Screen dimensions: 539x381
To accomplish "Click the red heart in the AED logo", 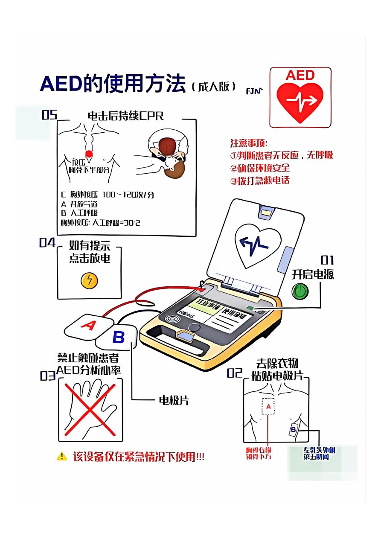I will pyautogui.click(x=300, y=101).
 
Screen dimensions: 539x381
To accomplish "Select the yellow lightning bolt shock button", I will pyautogui.click(x=90, y=280).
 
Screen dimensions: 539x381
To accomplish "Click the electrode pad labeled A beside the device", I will pyautogui.click(x=88, y=326).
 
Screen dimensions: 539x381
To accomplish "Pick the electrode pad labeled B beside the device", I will pyautogui.click(x=118, y=337).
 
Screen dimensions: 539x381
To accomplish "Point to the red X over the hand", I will pyautogui.click(x=90, y=409).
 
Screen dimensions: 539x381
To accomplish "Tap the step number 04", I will pyautogui.click(x=47, y=242).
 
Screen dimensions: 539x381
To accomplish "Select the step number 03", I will pyautogui.click(x=48, y=376).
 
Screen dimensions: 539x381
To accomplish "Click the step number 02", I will pyautogui.click(x=234, y=373).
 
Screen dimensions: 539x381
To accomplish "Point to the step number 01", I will pyautogui.click(x=327, y=260).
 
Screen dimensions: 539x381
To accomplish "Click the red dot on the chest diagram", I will pyautogui.click(x=89, y=154).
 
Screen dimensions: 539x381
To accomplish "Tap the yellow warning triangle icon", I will pyautogui.click(x=62, y=456).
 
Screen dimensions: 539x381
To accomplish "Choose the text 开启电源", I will pyautogui.click(x=313, y=274).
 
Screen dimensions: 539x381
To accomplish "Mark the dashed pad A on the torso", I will pyautogui.click(x=268, y=407).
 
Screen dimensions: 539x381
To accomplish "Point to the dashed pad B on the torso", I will pyautogui.click(x=294, y=429).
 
